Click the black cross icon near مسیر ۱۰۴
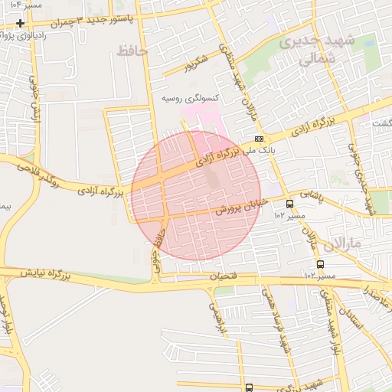pyautogui.click(x=20, y=24)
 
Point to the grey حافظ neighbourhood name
pyautogui.click(x=132, y=51)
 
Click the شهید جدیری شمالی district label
pyautogui.click(x=309, y=50)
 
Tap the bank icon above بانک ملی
pyautogui.click(x=260, y=139)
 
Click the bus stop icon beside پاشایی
pyautogui.click(x=289, y=204)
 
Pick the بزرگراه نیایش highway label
pyautogui.click(x=46, y=273)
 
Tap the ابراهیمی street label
pyautogui.click(x=218, y=315)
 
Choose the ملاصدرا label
pyautogui.click(x=377, y=296)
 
